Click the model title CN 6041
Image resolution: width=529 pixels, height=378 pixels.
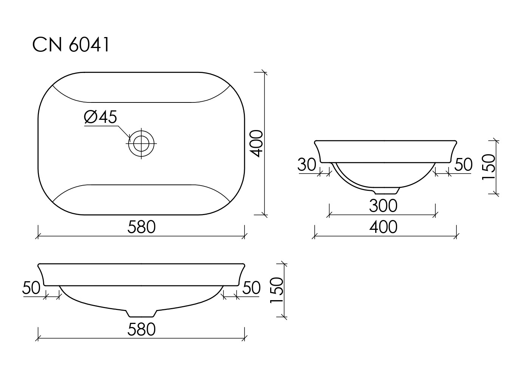point(71,45)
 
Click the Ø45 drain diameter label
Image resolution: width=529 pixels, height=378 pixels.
point(101,117)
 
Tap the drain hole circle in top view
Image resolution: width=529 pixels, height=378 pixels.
point(141,143)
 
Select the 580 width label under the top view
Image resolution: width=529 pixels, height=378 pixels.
point(141,227)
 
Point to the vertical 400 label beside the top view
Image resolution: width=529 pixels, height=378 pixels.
point(257,143)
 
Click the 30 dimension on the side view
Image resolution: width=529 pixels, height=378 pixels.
point(306,164)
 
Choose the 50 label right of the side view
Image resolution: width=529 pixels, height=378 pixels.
point(463,164)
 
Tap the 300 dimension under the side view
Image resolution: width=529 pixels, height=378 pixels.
point(383,206)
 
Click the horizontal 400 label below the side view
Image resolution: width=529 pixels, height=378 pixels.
point(383,227)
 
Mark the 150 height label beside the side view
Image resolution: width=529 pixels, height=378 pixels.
point(488,167)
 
